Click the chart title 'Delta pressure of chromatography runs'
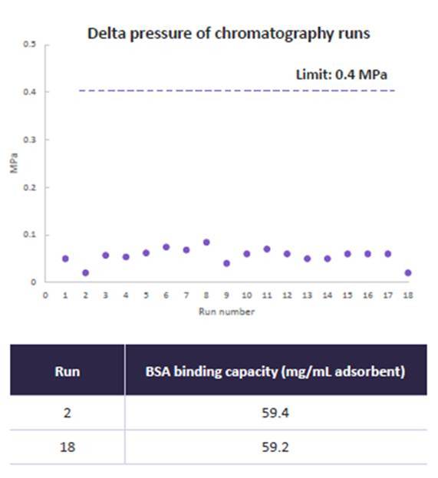[x=229, y=34]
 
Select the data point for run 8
[x=206, y=242]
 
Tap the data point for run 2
[x=86, y=272]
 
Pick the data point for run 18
[x=408, y=272]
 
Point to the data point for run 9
[x=226, y=263]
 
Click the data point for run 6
[x=166, y=247]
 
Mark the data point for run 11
[x=267, y=249]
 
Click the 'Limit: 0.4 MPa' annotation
[x=341, y=74]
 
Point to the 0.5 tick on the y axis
[x=29, y=45]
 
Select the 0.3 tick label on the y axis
[x=29, y=140]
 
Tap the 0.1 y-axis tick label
[x=29, y=235]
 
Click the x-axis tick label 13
[x=308, y=295]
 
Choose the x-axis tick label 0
[x=45, y=295]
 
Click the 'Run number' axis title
[x=227, y=312]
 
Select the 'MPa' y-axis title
[x=14, y=163]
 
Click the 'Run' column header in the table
[x=68, y=371]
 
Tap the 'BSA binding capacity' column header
[x=275, y=371]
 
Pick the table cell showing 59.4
[x=275, y=413]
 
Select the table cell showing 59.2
[x=275, y=447]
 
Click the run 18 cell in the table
[x=68, y=447]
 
